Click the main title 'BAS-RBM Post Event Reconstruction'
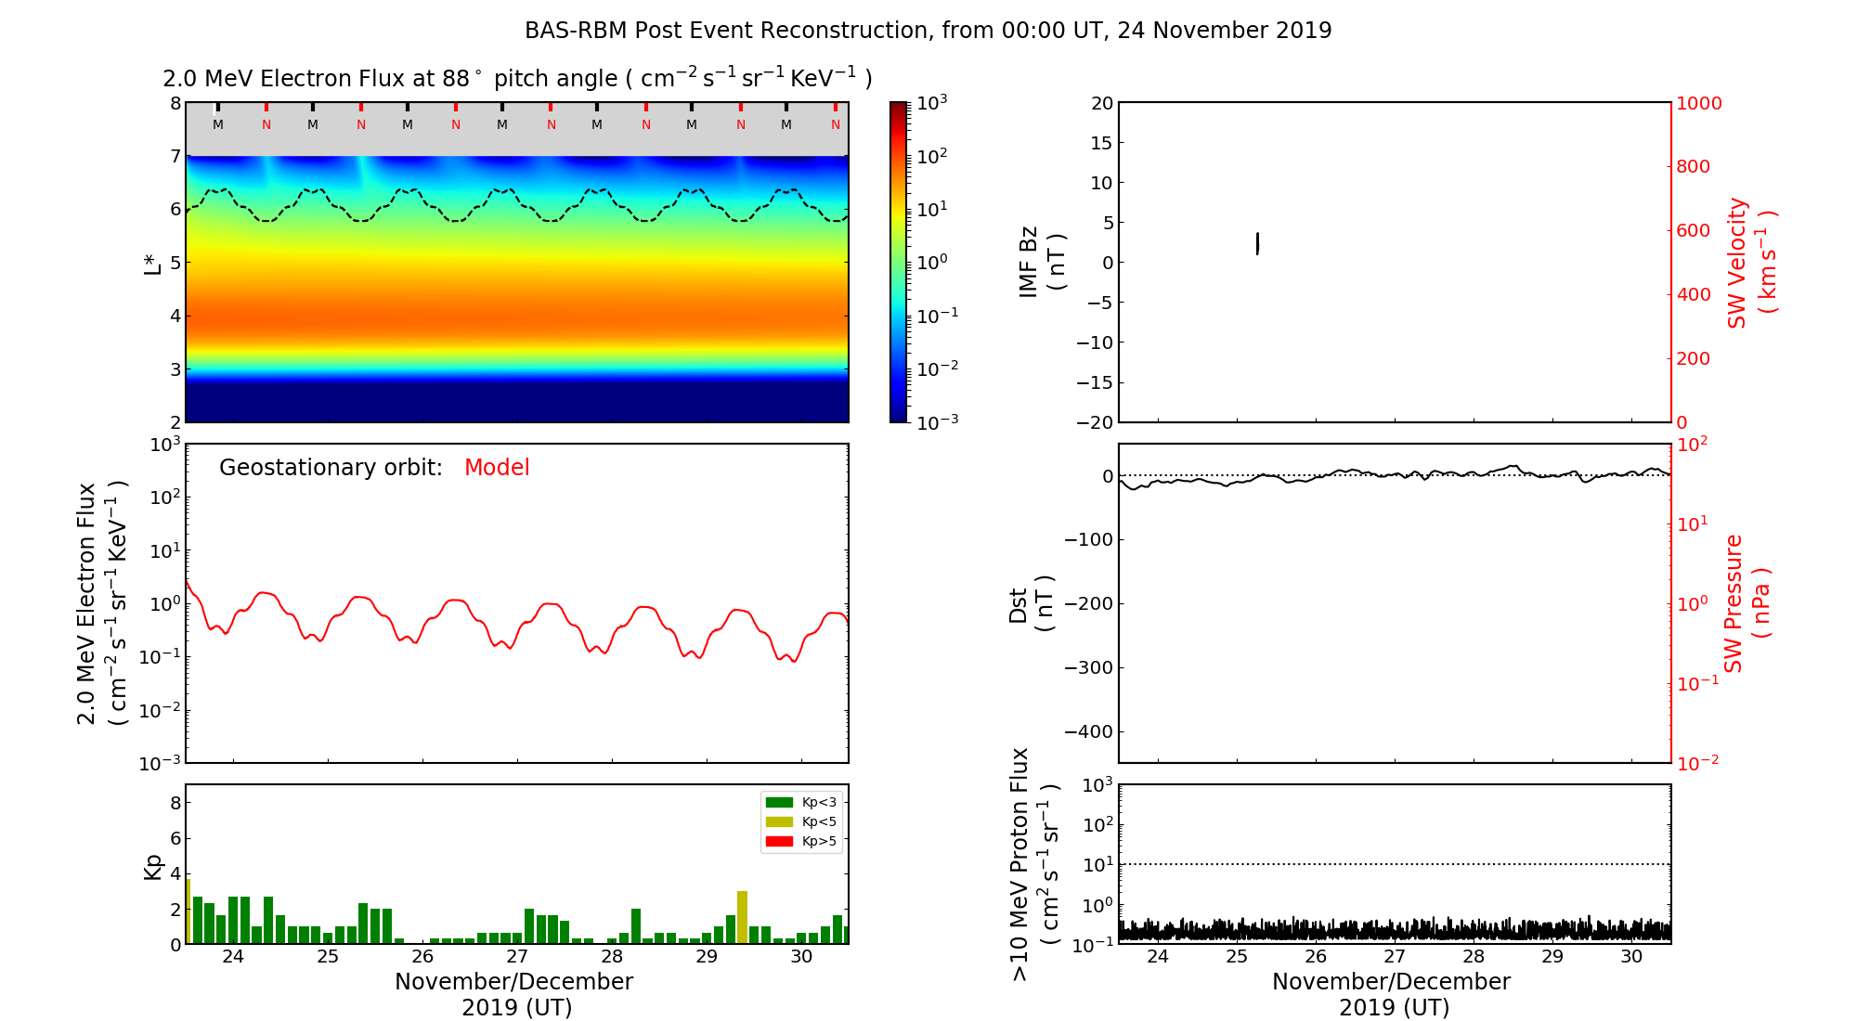pos(928,31)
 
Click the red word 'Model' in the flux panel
pos(497,468)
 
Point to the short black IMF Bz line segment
pos(1257,243)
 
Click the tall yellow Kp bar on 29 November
pos(742,917)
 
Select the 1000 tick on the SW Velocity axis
pos(1698,103)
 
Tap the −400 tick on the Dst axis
pos(1088,731)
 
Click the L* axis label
pos(152,262)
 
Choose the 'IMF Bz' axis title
pos(1040,262)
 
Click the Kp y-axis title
pos(153,866)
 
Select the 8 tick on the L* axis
pos(175,103)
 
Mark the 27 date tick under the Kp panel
pos(516,957)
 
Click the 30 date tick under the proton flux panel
pos(1631,957)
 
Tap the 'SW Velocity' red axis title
pos(1749,262)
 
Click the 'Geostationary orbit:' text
pos(331,468)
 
